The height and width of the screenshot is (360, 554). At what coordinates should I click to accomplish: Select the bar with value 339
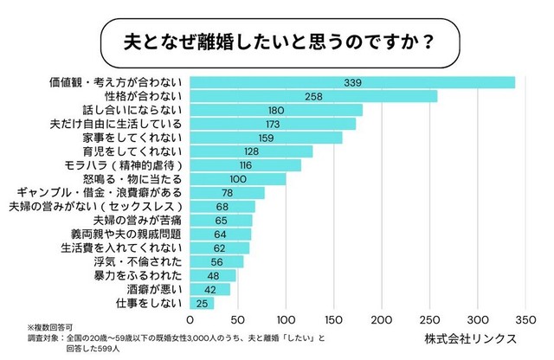pyautogui.click(x=351, y=82)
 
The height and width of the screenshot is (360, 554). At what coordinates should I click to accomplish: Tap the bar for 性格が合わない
pyautogui.click(x=312, y=96)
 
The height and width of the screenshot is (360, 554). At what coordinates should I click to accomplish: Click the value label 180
pyautogui.click(x=276, y=110)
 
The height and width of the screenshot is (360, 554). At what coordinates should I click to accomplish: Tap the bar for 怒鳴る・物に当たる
pyautogui.click(x=236, y=179)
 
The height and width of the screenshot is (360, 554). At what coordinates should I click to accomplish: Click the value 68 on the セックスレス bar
pyautogui.click(x=222, y=207)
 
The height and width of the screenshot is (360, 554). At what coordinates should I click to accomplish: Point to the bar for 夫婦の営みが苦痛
pyautogui.click(x=220, y=221)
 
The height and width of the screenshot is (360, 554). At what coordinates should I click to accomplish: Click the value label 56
pyautogui.click(x=216, y=262)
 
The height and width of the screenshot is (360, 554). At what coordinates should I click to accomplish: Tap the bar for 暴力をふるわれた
pyautogui.click(x=212, y=276)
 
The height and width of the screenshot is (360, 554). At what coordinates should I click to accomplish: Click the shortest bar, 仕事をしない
pyautogui.click(x=201, y=304)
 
